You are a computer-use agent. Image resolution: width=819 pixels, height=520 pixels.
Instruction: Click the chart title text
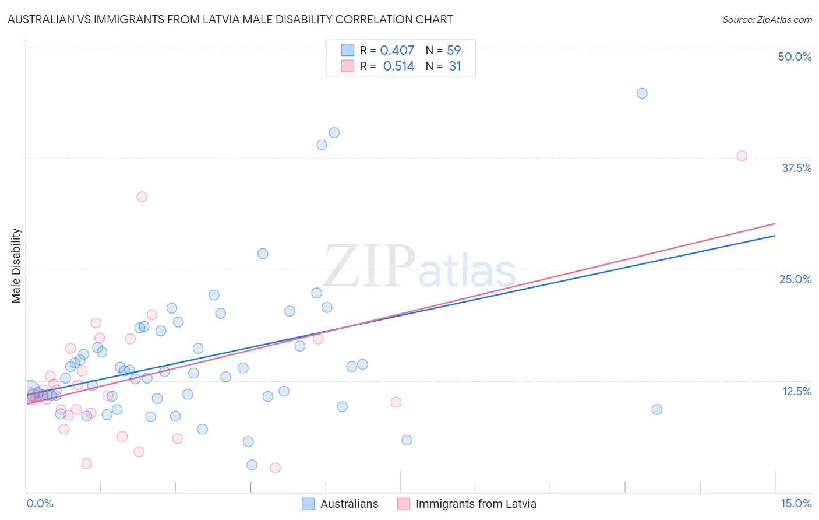[x=230, y=19]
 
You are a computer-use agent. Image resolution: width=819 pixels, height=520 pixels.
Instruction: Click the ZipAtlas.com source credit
[x=767, y=19]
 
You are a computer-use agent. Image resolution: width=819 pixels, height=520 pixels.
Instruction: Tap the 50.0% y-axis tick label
[x=795, y=57]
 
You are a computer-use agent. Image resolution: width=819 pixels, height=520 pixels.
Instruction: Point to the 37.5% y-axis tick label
[x=796, y=168]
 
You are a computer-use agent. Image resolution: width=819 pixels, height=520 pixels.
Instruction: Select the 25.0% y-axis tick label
[x=795, y=279]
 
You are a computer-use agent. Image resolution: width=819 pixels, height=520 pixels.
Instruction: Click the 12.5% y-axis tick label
[x=796, y=391]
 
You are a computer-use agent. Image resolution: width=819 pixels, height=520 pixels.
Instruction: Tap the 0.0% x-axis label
[x=40, y=503]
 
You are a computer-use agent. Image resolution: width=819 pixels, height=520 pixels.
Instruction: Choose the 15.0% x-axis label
[x=796, y=503]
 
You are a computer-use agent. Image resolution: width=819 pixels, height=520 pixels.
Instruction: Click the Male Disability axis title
[x=16, y=265]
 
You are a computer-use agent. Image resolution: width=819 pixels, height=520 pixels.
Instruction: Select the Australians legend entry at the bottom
[x=340, y=504]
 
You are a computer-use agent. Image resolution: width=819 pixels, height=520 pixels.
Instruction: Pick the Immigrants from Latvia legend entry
[x=467, y=504]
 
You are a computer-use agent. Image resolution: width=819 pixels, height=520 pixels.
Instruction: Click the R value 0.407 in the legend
[x=397, y=50]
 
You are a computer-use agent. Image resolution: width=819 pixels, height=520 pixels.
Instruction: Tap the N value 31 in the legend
[x=455, y=66]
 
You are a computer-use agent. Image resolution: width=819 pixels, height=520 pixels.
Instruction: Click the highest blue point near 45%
[x=642, y=93]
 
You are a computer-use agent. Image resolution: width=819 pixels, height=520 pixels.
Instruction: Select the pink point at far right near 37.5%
[x=742, y=156]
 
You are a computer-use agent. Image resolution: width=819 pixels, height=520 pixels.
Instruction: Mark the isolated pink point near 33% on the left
[x=142, y=196]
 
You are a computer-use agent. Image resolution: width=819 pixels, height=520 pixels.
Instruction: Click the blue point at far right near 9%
[x=656, y=409]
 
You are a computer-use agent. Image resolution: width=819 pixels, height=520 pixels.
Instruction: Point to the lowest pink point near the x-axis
[x=275, y=468]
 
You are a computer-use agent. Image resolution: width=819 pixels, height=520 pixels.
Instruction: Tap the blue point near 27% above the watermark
[x=263, y=254]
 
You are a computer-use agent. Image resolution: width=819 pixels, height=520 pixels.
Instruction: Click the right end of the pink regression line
[x=775, y=223]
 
